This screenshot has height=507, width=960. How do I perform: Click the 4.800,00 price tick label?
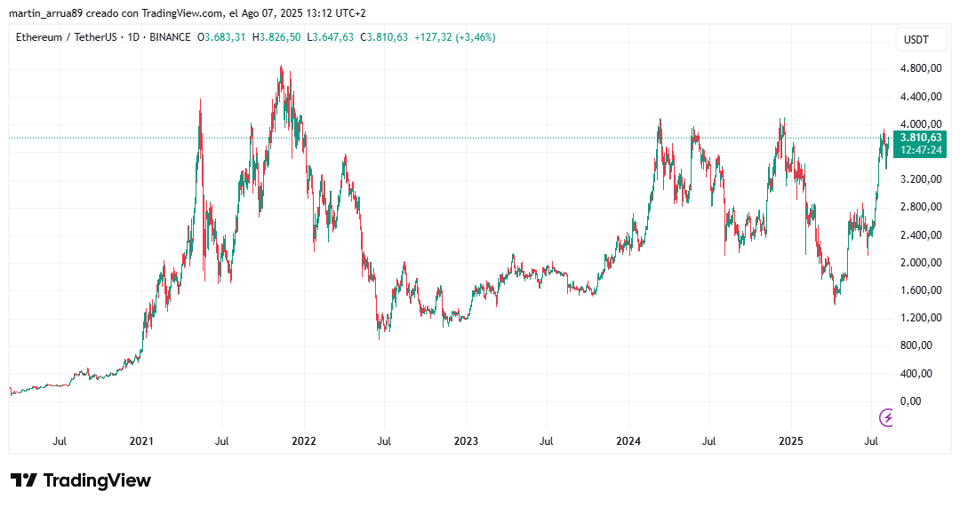tap(920, 68)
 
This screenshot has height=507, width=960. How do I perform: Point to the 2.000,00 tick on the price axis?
tap(920, 262)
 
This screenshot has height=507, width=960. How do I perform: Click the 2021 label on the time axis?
tap(141, 440)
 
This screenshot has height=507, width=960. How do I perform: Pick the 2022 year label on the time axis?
tap(304, 440)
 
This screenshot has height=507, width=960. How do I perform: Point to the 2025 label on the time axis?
tap(791, 440)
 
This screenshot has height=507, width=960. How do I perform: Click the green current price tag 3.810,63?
tap(921, 138)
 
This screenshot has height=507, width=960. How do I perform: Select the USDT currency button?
tap(916, 40)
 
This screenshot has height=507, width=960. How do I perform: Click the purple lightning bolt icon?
tap(886, 417)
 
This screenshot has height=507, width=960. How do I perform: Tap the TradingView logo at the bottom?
tap(81, 480)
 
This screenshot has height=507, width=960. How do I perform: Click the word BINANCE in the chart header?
tap(170, 37)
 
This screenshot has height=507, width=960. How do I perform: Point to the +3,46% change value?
tap(474, 37)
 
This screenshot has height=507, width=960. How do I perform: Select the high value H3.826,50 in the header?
tap(276, 37)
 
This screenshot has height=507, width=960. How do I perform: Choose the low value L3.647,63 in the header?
tap(330, 37)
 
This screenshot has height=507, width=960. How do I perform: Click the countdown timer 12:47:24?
tap(921, 151)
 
